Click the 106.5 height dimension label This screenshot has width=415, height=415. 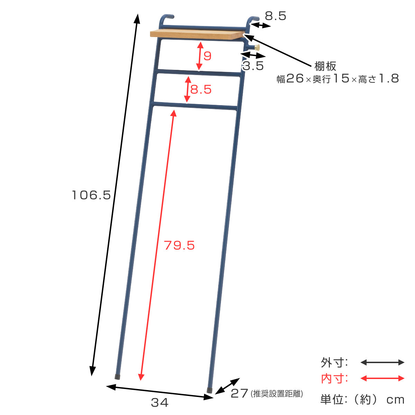[91, 195]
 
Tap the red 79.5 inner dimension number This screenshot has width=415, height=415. [179, 245]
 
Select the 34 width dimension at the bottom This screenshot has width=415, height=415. [159, 402]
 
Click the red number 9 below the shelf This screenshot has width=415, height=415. [207, 56]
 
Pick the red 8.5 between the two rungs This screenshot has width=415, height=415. [201, 89]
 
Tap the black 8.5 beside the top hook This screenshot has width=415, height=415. [275, 16]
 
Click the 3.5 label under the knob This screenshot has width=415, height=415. [253, 66]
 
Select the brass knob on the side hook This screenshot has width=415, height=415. [257, 47]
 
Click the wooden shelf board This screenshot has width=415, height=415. [197, 35]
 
